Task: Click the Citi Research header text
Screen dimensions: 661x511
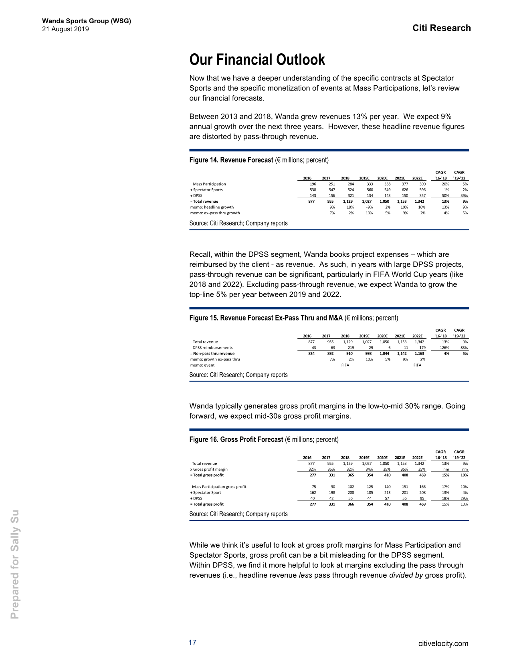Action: [x=441, y=28]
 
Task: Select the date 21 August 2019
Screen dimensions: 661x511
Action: [x=65, y=29]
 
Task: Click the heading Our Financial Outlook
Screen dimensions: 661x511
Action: [x=257, y=60]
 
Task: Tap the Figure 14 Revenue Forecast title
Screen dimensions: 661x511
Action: [x=259, y=160]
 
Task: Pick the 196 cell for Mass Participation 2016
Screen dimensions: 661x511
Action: [x=313, y=184]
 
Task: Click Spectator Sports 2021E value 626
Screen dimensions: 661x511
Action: [x=404, y=190]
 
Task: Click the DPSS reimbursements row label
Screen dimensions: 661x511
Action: [x=211, y=348]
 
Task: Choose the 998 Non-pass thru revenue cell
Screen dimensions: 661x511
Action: [x=367, y=353]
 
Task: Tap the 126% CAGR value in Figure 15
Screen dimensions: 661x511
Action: [x=444, y=348]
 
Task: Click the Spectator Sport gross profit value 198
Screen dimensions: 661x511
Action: [x=331, y=492]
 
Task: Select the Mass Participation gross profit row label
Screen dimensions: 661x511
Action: [x=219, y=487]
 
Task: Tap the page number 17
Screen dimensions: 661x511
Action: [x=192, y=643]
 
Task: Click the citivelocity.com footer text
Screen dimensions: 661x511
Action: [x=443, y=644]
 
